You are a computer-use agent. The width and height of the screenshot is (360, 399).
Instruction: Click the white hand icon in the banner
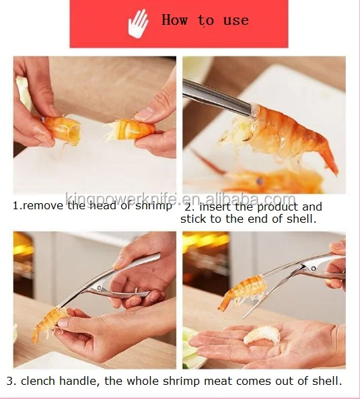pos(138,24)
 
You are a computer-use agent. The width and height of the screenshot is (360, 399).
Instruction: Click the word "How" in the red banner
pos(175,20)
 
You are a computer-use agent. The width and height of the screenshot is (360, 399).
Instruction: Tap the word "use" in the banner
pos(236,21)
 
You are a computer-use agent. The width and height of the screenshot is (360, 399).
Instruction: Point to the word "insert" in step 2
pos(216,207)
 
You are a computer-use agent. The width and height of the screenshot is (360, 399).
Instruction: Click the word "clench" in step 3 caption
pos(38,381)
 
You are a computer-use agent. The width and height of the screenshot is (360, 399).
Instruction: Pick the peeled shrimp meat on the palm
pos(262,335)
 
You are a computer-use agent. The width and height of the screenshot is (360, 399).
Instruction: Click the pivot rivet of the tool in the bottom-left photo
pos(99,288)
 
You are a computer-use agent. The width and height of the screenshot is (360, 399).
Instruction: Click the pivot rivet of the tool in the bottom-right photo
pos(314,268)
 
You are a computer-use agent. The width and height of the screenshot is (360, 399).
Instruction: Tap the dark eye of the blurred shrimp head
pos(260,181)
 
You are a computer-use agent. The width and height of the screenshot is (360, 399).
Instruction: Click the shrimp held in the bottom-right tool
pos(242,293)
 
